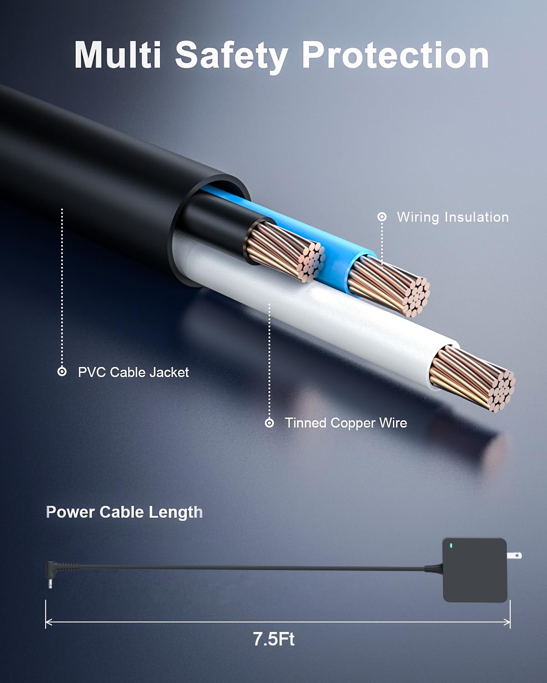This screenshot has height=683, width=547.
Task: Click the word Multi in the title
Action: pyautogui.click(x=118, y=55)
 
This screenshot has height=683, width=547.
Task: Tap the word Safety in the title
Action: pyautogui.click(x=232, y=57)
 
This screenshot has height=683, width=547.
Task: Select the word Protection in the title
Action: pyautogui.click(x=395, y=55)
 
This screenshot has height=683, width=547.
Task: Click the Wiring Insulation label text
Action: pyautogui.click(x=453, y=217)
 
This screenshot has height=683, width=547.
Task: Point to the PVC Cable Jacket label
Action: pyautogui.click(x=134, y=372)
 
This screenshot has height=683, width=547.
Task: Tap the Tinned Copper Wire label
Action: pyautogui.click(x=346, y=423)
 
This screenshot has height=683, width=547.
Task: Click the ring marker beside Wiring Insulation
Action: pyautogui.click(x=382, y=217)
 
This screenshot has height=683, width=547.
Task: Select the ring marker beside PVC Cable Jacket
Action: pyautogui.click(x=62, y=372)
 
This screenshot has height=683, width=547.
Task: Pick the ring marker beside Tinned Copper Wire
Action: pyautogui.click(x=269, y=423)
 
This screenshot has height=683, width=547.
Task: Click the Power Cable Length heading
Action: pyautogui.click(x=124, y=512)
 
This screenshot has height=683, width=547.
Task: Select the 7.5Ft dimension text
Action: pyautogui.click(x=273, y=639)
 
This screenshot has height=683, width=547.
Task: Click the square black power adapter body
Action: pyautogui.click(x=475, y=570)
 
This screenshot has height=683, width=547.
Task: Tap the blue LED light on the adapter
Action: pyautogui.click(x=451, y=546)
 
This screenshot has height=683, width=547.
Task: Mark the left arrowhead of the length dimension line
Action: pyautogui.click(x=49, y=622)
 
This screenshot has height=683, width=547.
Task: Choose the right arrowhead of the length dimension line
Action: pyautogui.click(x=506, y=622)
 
